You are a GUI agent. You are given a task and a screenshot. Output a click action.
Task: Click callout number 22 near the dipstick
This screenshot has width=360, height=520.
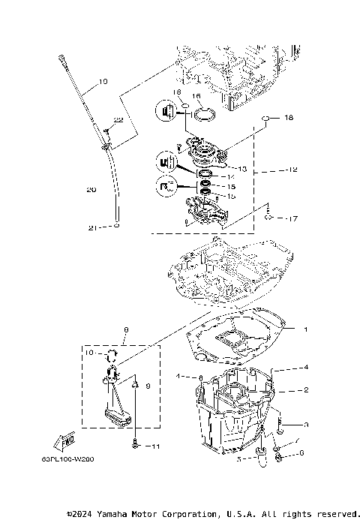click(118, 119)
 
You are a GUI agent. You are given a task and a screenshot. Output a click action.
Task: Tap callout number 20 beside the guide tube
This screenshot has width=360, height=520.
click(91, 191)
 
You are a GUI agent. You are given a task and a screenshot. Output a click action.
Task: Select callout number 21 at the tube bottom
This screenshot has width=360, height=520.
click(91, 227)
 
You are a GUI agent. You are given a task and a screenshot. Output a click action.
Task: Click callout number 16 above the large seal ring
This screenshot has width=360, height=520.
click(196, 97)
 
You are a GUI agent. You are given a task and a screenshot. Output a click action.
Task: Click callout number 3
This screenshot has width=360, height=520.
click(305, 425)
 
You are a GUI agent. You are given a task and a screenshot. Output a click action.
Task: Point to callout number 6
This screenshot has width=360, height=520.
click(301, 452)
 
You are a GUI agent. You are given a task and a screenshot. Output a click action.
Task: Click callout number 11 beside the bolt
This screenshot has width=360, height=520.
click(156, 446)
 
